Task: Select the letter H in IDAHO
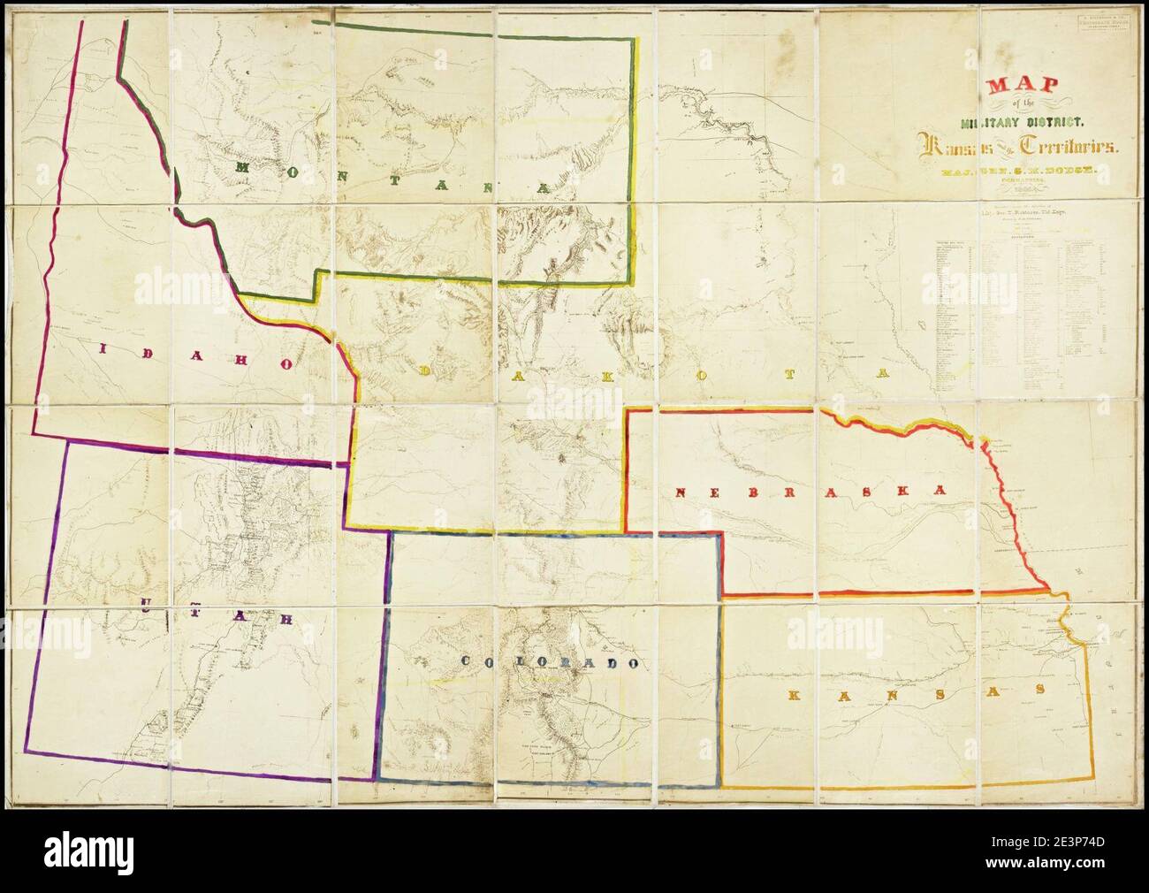[237, 358]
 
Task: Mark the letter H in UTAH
[287, 619]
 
